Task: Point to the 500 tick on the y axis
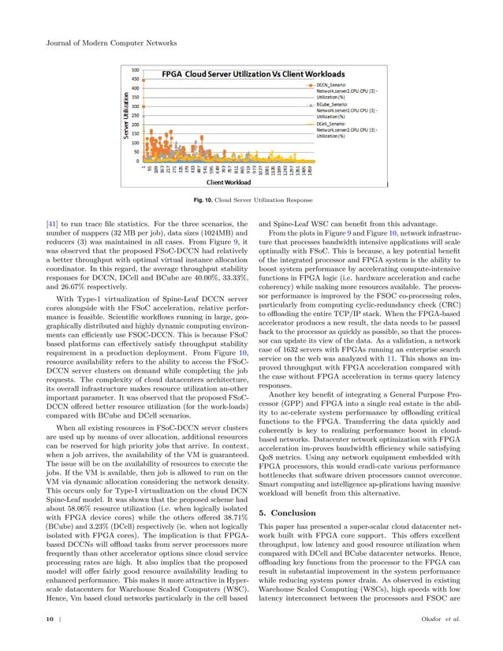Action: [136, 69]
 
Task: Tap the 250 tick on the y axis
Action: [136, 115]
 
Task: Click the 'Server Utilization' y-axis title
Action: [125, 117]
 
